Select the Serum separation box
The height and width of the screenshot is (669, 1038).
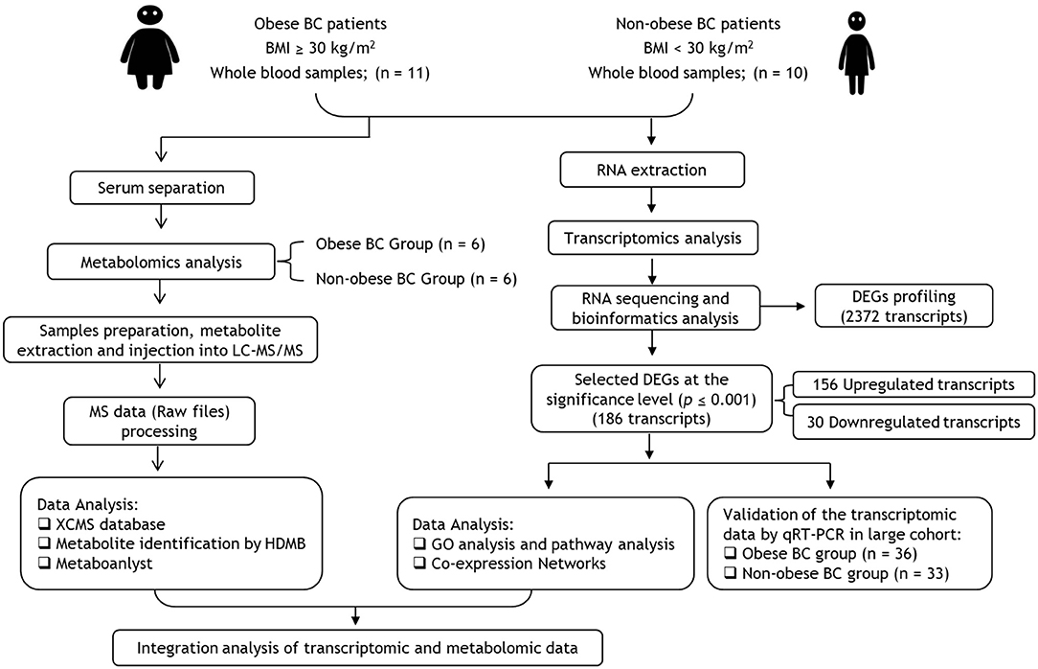(x=162, y=188)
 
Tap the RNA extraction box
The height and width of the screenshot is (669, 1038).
(x=652, y=171)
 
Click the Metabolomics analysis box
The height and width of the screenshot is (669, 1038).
(x=162, y=263)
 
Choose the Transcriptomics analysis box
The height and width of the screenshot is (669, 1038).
(x=653, y=239)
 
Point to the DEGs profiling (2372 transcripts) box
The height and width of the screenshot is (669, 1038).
(x=904, y=306)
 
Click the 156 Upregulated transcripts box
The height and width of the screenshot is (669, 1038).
(x=914, y=385)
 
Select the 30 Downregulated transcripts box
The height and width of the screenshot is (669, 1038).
(x=914, y=422)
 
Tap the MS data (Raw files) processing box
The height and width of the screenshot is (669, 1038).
(x=160, y=422)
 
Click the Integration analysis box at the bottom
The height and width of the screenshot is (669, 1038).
(x=357, y=648)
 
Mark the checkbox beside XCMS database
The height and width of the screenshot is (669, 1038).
(x=44, y=524)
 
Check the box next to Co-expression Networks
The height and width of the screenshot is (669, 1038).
(x=419, y=564)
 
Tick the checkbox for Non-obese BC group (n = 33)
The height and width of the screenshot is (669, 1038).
(x=731, y=573)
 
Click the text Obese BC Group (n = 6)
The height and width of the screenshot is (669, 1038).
(x=400, y=244)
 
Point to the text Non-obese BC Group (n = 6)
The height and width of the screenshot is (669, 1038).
(x=417, y=280)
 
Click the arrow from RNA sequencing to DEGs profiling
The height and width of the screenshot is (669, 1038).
(x=782, y=306)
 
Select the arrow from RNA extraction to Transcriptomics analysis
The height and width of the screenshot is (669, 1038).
(x=652, y=200)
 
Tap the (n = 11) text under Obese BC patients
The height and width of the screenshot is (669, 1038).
(x=402, y=73)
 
